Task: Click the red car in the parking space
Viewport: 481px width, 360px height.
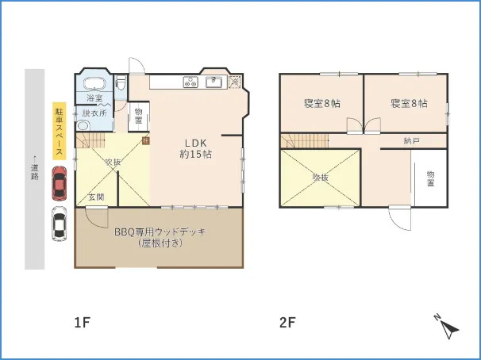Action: point(59,183)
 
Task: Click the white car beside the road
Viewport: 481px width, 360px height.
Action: point(59,224)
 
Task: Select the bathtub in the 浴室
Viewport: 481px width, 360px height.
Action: point(94,84)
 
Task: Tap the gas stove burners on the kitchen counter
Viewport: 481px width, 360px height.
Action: point(191,81)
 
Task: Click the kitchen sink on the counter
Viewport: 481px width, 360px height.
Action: point(214,82)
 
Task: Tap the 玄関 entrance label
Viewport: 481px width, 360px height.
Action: point(95,196)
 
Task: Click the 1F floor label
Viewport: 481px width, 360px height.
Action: point(83,323)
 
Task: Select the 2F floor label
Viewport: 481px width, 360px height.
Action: point(287,323)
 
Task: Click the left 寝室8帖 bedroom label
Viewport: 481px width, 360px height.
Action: point(321,104)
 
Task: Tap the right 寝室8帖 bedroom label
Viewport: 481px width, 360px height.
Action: point(409,104)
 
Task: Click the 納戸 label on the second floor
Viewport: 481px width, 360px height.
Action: point(410,141)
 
